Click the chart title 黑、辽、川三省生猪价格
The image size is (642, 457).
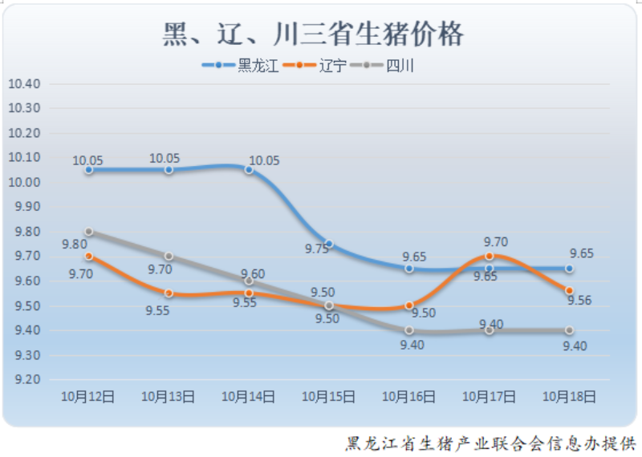(x=313, y=34)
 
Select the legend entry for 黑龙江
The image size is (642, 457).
(x=240, y=66)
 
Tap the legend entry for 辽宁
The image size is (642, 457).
(x=315, y=66)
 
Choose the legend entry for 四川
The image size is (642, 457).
(x=382, y=66)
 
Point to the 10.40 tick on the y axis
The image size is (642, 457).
(x=25, y=84)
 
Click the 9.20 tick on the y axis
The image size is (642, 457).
(x=28, y=380)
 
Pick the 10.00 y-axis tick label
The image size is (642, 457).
(x=25, y=183)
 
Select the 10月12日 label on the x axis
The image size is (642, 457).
(x=87, y=397)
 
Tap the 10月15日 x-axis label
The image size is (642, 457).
(x=328, y=397)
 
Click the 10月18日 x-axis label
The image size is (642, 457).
(x=569, y=397)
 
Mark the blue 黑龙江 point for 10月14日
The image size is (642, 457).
(x=249, y=170)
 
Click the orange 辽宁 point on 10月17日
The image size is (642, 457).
(x=490, y=256)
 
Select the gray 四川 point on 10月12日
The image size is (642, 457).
(x=89, y=232)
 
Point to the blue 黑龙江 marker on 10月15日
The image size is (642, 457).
(x=329, y=244)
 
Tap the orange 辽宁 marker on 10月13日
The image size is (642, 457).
(x=169, y=293)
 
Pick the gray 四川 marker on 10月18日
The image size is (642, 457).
(x=569, y=330)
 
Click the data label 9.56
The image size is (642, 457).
(x=579, y=301)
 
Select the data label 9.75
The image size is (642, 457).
(x=317, y=249)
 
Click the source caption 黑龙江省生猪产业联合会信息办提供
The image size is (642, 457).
(x=490, y=444)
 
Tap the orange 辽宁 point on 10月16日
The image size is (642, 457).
(x=409, y=305)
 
